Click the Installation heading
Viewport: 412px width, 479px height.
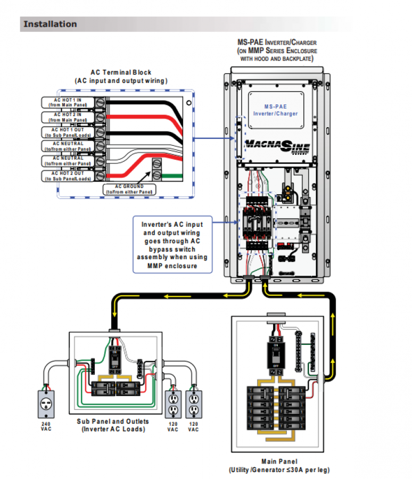pyautogui.click(x=50, y=24)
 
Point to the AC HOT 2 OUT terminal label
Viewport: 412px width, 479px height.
pyautogui.click(x=68, y=176)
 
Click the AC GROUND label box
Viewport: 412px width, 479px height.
pyautogui.click(x=130, y=189)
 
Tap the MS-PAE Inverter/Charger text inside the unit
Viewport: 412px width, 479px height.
pyautogui.click(x=281, y=110)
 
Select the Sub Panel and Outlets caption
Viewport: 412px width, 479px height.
pyautogui.click(x=113, y=425)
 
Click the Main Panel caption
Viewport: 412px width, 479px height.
pyautogui.click(x=279, y=465)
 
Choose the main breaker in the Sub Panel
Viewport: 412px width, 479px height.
pyautogui.click(x=114, y=360)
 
